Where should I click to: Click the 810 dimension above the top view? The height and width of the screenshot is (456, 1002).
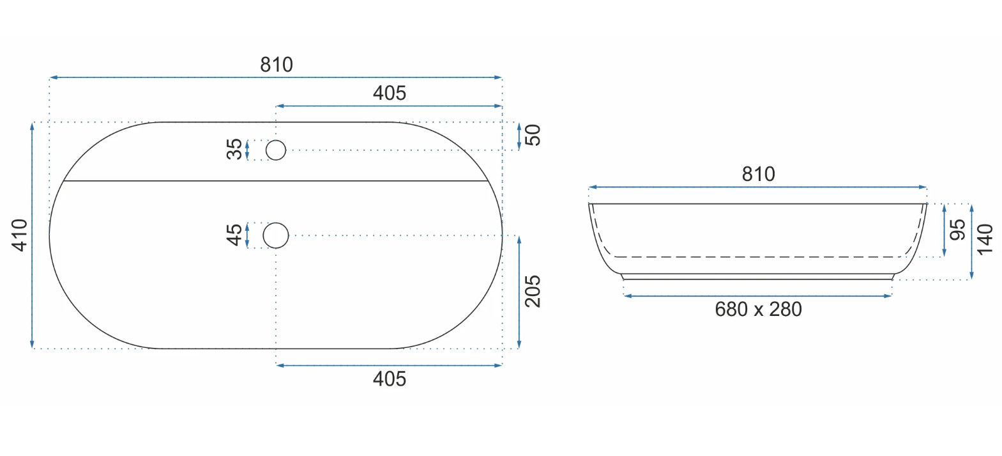tap(277, 65)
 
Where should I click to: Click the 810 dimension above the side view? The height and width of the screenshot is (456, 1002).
tap(758, 174)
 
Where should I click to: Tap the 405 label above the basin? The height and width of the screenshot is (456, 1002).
tap(390, 93)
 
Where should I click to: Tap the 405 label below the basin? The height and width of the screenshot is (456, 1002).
tap(390, 379)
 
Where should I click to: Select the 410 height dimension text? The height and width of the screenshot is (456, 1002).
tap(20, 235)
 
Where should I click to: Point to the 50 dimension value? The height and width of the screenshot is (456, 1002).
tap(533, 135)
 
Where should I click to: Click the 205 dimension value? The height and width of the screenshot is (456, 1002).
tap(533, 291)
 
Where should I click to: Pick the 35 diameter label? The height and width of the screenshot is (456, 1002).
tap(234, 149)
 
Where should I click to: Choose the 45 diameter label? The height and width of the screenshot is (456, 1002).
tap(234, 235)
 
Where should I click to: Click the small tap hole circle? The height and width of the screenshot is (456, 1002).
tap(275, 141)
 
